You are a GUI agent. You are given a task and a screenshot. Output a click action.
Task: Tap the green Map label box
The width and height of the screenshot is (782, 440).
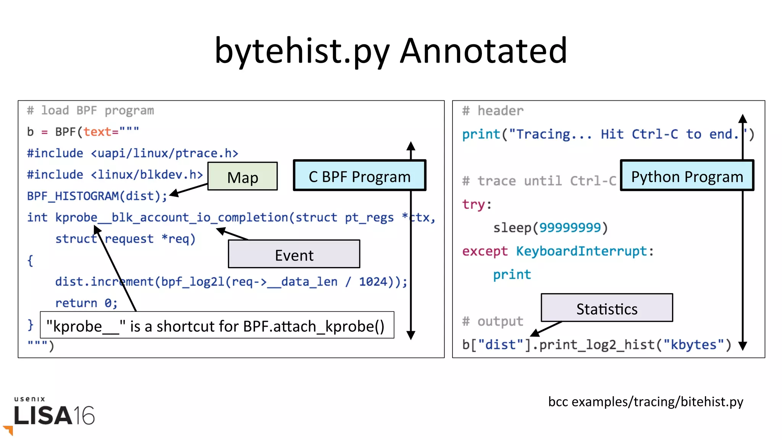[x=242, y=176]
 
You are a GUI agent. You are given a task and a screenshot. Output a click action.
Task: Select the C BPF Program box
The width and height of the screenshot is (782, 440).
[x=359, y=176]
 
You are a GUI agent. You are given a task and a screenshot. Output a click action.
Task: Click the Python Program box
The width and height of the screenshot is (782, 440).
[x=687, y=176]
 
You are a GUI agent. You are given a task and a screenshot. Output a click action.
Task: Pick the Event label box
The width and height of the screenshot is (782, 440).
[x=294, y=254]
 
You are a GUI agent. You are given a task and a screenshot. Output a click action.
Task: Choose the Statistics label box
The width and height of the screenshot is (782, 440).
[x=606, y=308]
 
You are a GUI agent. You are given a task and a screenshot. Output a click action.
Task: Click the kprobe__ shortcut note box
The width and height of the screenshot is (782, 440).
[x=217, y=326]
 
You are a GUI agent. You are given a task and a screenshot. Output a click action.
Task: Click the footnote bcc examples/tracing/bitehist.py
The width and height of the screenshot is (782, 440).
[x=645, y=401]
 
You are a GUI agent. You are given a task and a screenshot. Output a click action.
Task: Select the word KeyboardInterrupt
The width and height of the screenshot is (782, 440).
[x=581, y=251]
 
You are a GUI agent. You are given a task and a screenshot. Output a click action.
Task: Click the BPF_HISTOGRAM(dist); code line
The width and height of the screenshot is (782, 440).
[x=97, y=196]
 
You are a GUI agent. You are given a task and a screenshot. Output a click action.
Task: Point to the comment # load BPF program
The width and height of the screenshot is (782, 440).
[x=90, y=111]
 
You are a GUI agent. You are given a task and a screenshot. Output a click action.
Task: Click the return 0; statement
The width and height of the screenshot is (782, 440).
[x=86, y=303]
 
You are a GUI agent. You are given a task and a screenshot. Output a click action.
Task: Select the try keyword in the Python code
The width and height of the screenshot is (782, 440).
[x=473, y=204]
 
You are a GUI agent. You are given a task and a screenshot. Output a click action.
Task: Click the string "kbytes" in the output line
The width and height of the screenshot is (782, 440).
[x=693, y=345]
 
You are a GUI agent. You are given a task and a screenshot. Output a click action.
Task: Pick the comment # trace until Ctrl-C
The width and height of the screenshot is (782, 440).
[x=539, y=181]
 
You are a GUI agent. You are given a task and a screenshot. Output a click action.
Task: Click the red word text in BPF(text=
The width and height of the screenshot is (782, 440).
[x=97, y=132]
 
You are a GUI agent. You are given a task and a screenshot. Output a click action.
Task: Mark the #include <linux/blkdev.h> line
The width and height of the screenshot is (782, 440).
[x=115, y=175]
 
